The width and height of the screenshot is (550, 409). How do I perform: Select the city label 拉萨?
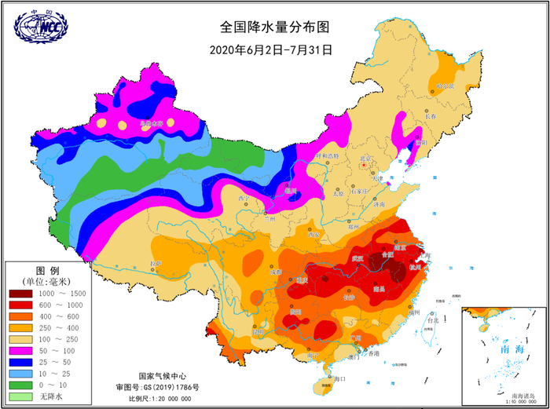154,263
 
